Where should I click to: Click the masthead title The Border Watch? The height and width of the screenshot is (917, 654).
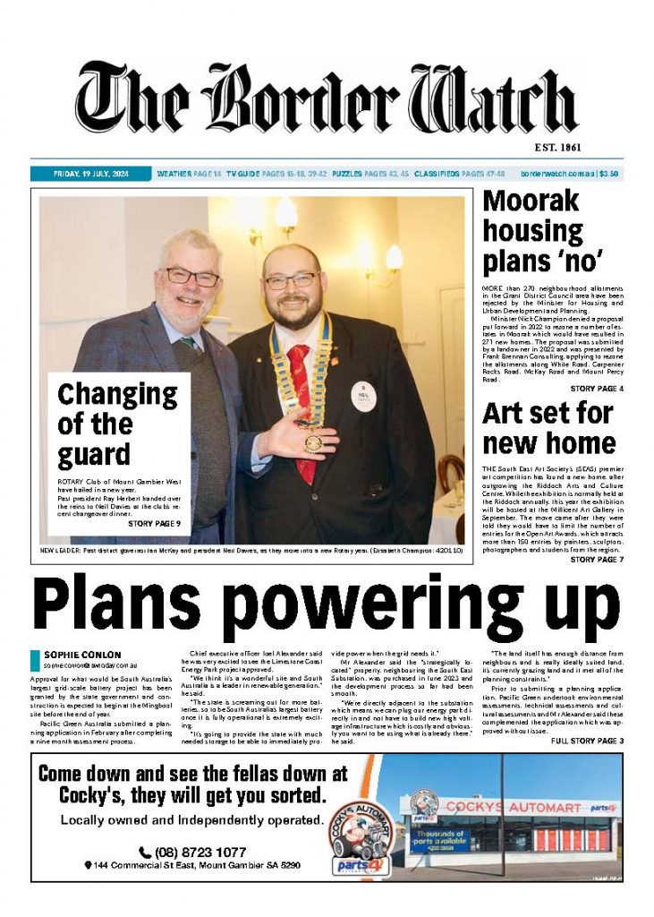pyautogui.click(x=327, y=99)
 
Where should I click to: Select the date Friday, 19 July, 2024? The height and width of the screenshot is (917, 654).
pyautogui.click(x=90, y=174)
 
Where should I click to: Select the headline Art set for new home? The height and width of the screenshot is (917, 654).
pyautogui.click(x=548, y=427)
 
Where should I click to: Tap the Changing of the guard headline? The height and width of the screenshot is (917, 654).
pyautogui.click(x=117, y=424)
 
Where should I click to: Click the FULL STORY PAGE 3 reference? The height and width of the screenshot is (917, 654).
pyautogui.click(x=587, y=741)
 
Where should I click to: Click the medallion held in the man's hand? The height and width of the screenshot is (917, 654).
pyautogui.click(x=313, y=441)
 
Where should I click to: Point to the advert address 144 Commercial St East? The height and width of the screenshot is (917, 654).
pyautogui.click(x=191, y=866)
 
